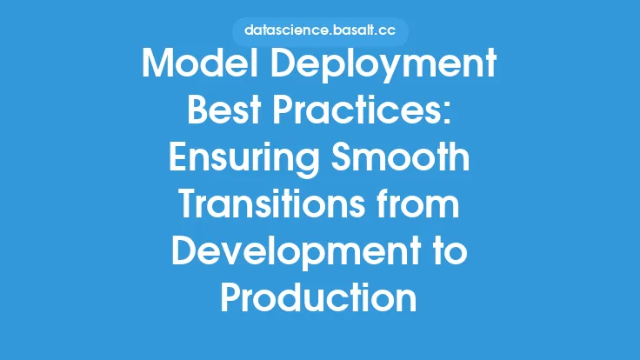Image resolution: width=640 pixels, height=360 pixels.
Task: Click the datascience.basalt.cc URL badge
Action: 320,31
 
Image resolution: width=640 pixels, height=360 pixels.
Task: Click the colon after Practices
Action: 446,113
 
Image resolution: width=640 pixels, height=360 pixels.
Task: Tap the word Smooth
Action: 400,157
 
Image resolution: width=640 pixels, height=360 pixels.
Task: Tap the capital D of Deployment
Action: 283,63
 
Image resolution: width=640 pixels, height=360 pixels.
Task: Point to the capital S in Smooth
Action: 341,157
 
